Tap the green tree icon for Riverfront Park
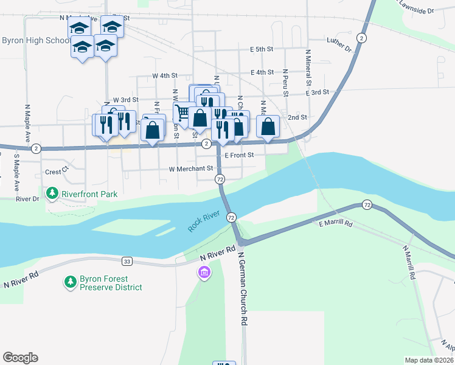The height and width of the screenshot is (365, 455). coord(53,193)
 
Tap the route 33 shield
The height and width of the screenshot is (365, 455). coord(127,262)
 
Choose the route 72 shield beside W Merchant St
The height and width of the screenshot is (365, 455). coord(220,179)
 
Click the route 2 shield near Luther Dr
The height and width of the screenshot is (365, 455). coord(362,38)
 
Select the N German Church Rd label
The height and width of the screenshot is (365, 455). coord(243,288)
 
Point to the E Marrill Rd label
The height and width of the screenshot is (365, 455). coord(336,224)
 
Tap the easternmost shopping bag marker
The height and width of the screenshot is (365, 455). coord(268,127)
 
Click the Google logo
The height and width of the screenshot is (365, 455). coord(20,358)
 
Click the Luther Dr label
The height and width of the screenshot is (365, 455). coord(339,44)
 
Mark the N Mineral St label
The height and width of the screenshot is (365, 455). coord(309,68)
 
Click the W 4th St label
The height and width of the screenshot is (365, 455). coord(164,76)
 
